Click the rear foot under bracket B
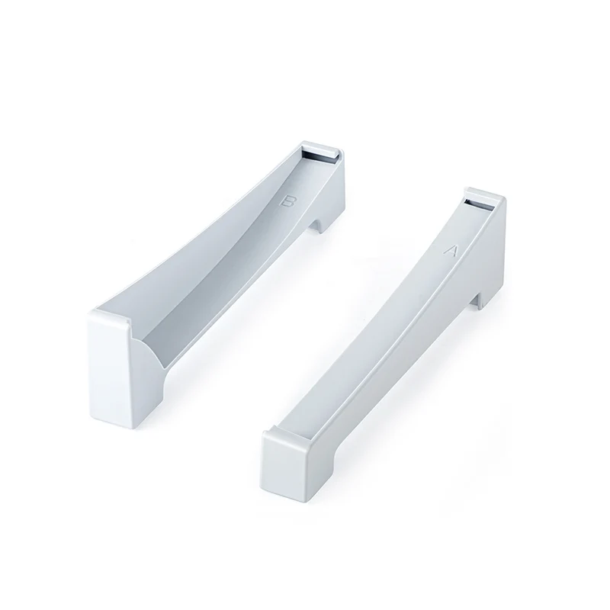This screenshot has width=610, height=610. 320,225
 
